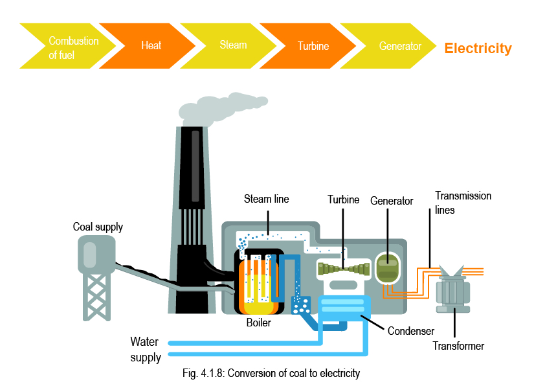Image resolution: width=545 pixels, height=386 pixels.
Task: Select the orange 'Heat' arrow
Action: [x=151, y=46]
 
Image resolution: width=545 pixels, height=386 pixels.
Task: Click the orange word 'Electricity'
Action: [x=478, y=49]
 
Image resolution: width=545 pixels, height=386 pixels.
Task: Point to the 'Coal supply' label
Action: [x=98, y=227]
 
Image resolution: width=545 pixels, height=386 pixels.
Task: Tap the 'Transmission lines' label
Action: [x=463, y=203]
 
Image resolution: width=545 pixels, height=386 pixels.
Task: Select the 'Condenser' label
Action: [x=410, y=332]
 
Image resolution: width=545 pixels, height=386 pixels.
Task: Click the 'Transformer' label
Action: [x=458, y=346]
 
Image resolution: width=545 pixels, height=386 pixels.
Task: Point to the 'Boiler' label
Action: [x=259, y=322]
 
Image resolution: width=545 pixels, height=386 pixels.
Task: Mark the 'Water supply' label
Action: [x=145, y=349]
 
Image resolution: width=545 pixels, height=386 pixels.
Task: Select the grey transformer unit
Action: [x=456, y=290]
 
